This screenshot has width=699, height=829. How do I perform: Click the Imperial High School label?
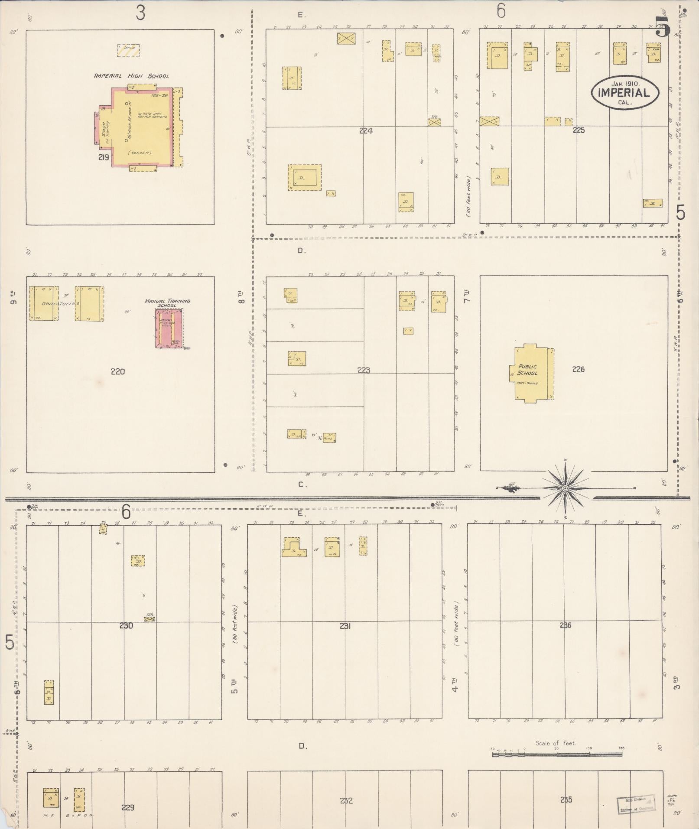point(132,76)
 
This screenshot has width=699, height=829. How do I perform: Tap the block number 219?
point(104,158)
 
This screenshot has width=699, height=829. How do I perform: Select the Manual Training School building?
point(169,328)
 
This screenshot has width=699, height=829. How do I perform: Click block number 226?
point(578,369)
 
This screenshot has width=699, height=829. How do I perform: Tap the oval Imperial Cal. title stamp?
point(625,92)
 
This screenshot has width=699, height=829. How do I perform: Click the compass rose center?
point(565,488)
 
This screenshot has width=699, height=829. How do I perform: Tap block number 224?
point(366,131)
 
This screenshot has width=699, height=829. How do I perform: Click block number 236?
point(566,625)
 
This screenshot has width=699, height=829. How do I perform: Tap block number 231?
point(345,626)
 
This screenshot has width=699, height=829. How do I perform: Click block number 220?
point(118,371)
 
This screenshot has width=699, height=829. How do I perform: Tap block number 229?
point(128,807)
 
